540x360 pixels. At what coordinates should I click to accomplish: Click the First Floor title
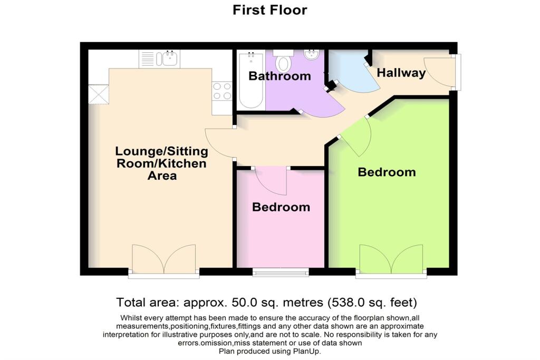269,10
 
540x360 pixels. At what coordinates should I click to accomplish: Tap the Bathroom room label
279,76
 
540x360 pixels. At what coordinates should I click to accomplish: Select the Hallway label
401,73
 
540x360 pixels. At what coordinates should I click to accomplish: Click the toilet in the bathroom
284,62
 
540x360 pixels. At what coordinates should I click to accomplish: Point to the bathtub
250,80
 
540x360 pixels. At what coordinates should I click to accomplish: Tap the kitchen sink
170,59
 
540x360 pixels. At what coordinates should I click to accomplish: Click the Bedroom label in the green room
387,172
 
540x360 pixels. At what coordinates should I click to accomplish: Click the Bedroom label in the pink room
281,207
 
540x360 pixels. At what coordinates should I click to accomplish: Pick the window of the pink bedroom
281,272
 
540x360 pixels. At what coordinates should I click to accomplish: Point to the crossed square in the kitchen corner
98,94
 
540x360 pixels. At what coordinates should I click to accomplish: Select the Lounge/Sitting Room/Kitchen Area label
162,163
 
